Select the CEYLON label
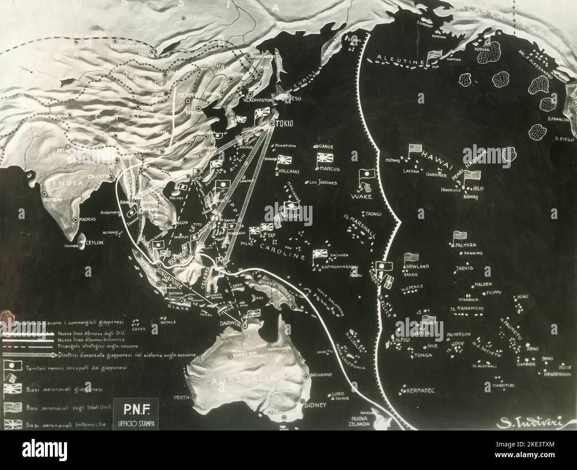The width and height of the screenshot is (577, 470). [93, 243]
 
